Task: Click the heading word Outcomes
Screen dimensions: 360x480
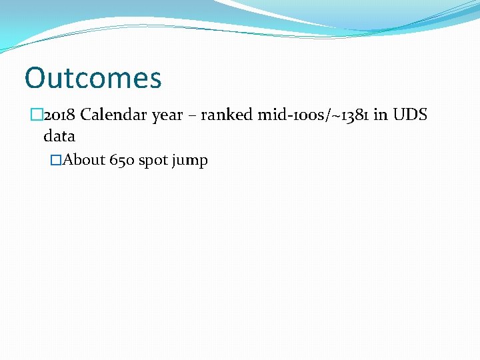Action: (93, 78)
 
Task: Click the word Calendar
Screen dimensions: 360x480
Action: (114, 115)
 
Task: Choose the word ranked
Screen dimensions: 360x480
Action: (227, 115)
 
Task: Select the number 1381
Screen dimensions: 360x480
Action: (352, 115)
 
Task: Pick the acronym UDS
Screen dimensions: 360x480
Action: (410, 115)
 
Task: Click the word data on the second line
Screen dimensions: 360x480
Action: (59, 137)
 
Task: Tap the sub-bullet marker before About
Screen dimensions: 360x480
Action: (56, 161)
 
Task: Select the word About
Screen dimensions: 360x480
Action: (85, 161)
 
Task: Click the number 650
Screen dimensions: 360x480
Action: (123, 161)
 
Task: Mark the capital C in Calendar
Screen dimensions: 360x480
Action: (86, 115)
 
